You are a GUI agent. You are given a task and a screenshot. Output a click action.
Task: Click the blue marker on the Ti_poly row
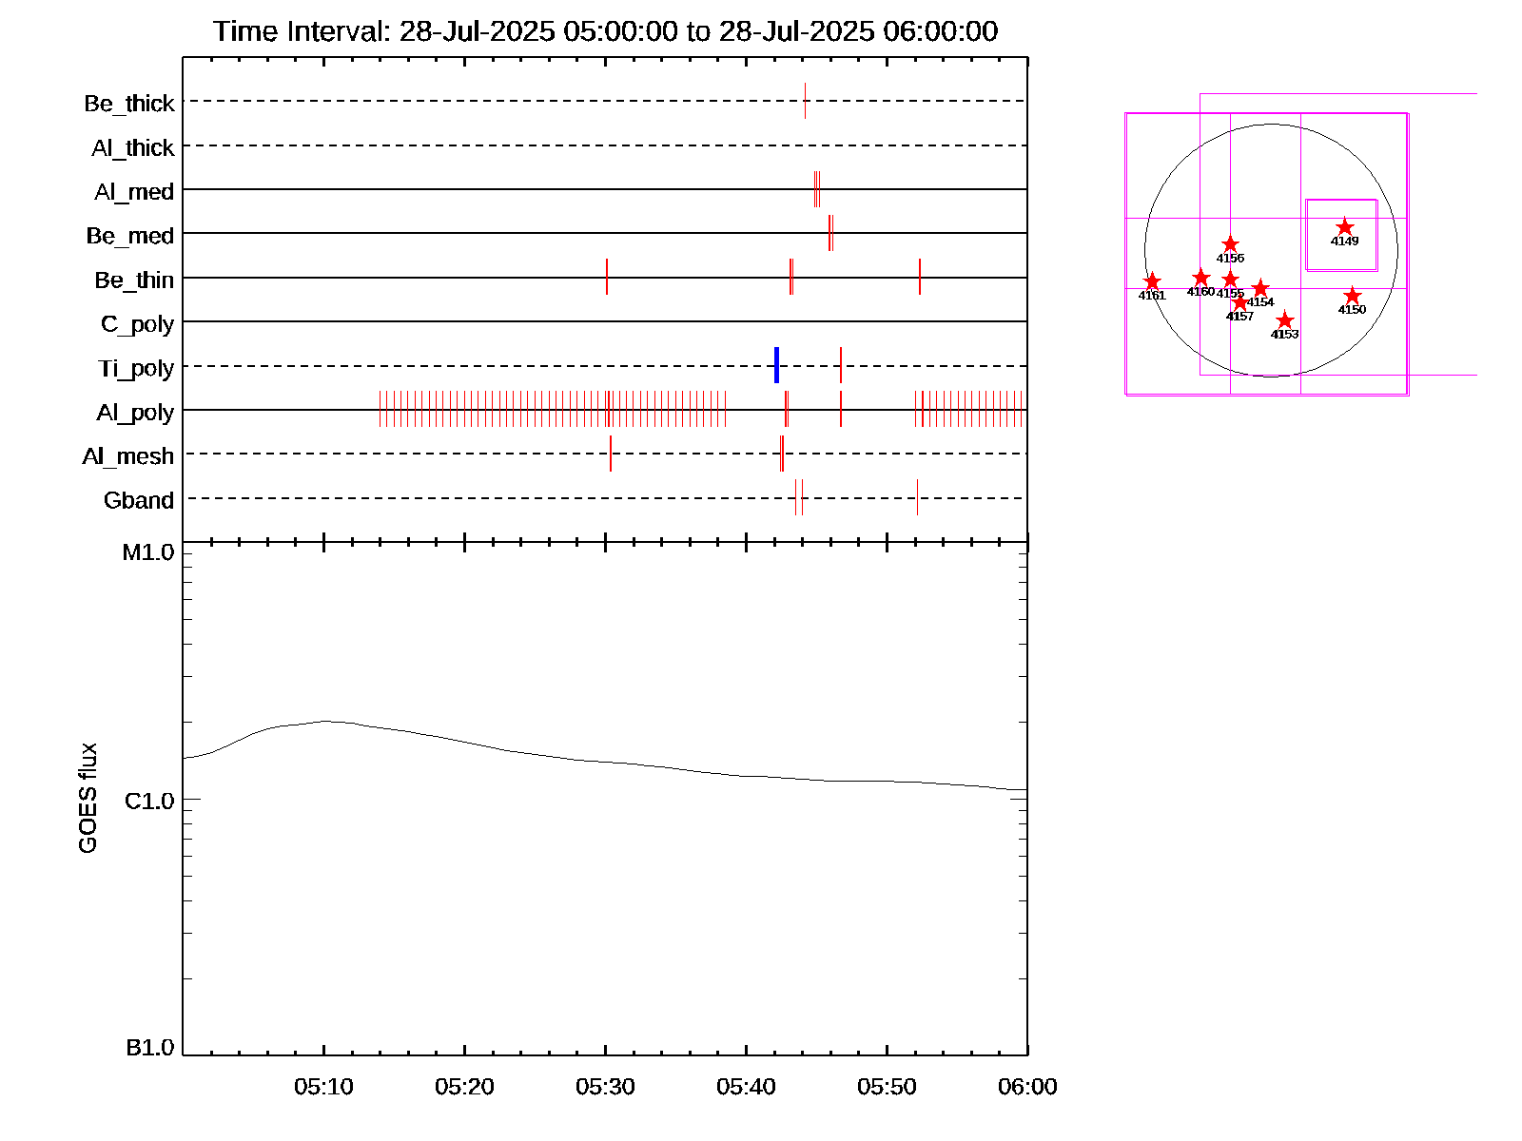click(x=777, y=365)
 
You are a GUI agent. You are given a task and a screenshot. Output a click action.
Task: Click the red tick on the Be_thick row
click(x=805, y=101)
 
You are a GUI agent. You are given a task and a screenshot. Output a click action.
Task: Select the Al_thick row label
click(x=132, y=147)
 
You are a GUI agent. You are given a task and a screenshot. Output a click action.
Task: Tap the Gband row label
click(x=138, y=500)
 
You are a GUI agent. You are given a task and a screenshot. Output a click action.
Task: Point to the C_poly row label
click(x=137, y=324)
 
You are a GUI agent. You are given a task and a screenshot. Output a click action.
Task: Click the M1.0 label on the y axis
click(x=148, y=552)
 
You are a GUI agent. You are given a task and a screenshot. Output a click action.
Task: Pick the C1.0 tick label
click(x=149, y=802)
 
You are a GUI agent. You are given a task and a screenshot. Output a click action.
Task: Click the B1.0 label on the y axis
click(x=149, y=1048)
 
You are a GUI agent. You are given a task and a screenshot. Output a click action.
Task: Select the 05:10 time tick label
click(x=323, y=1087)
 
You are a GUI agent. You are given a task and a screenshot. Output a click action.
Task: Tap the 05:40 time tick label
click(x=746, y=1087)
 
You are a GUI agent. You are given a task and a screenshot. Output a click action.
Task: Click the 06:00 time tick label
click(x=1027, y=1087)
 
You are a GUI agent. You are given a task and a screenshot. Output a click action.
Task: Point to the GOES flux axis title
click(x=88, y=798)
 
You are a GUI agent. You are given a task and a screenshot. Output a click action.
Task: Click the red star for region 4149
click(x=1344, y=227)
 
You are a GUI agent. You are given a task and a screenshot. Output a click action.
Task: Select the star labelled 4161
click(x=1152, y=281)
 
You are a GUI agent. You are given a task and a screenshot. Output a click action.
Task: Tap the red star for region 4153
click(x=1284, y=320)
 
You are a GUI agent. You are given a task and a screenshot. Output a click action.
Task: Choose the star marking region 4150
click(x=1352, y=297)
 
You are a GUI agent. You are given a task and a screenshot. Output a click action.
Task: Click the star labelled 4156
click(x=1230, y=244)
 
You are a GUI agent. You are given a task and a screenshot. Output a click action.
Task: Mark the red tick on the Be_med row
click(x=830, y=233)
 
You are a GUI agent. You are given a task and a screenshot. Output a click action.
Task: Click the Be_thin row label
click(x=133, y=280)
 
